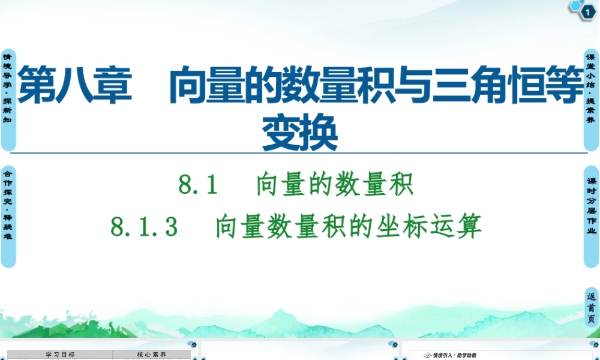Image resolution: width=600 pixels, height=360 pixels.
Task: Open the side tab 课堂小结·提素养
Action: coord(591,99)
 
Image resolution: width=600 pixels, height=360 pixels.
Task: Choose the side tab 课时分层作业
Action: coord(591,216)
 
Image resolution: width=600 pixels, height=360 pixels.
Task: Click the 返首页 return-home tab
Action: coord(592,307)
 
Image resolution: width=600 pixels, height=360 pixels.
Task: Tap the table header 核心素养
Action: coord(152,355)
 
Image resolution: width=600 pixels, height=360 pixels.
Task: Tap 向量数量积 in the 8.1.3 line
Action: coord(277,227)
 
